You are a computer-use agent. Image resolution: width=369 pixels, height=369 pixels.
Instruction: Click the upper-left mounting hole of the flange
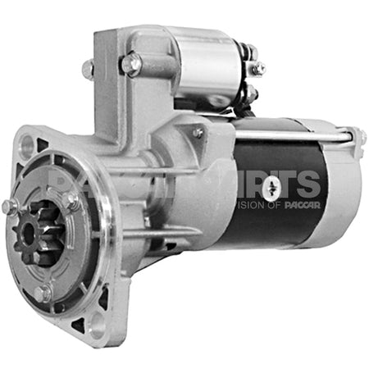click(27, 146)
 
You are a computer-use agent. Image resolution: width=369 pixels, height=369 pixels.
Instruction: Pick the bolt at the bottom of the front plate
click(43, 290)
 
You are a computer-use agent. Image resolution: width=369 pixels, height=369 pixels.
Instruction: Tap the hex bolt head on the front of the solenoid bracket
click(130, 62)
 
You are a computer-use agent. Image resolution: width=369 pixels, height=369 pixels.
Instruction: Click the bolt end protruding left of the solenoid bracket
click(88, 69)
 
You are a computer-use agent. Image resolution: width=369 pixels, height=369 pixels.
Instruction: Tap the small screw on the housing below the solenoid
click(198, 132)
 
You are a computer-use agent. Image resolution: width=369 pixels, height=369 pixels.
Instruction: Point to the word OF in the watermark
click(274, 205)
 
